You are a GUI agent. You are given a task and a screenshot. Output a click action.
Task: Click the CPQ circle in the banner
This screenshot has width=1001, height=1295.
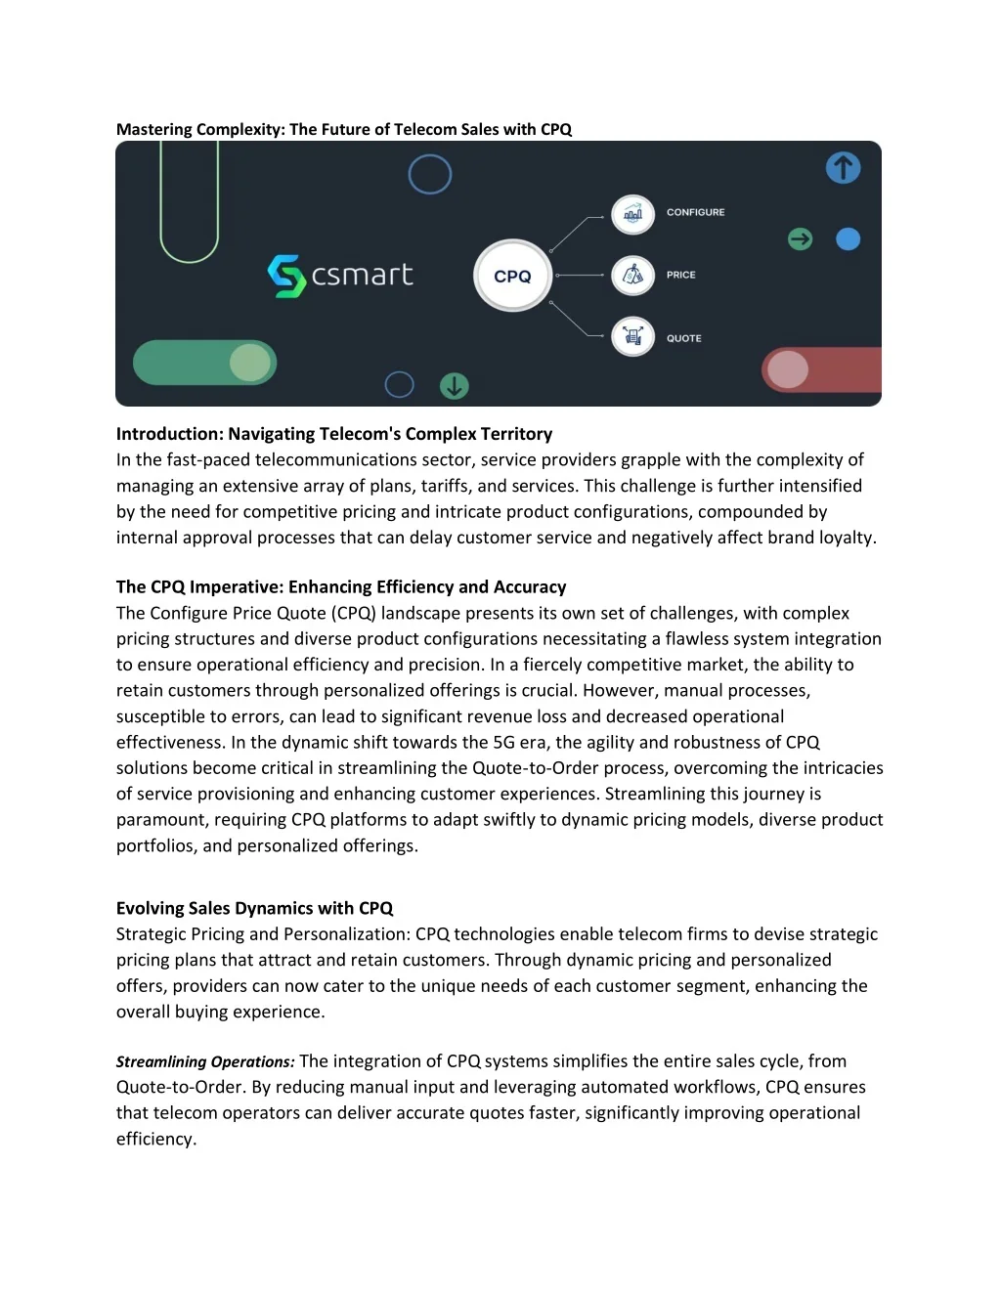tap(512, 276)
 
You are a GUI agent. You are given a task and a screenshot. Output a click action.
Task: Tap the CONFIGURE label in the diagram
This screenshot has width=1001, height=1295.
tap(695, 212)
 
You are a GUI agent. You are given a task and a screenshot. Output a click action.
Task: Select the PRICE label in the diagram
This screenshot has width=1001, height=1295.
tap(680, 275)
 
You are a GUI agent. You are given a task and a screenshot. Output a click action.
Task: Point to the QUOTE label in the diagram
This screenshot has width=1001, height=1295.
tap(683, 338)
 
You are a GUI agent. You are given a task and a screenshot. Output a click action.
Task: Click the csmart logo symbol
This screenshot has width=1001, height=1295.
tap(286, 276)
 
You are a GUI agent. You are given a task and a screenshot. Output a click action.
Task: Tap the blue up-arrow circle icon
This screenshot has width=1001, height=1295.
tap(843, 168)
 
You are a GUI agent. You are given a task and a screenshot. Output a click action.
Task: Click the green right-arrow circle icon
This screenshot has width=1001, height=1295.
tap(800, 238)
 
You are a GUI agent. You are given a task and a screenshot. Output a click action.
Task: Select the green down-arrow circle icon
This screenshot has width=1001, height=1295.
tap(454, 386)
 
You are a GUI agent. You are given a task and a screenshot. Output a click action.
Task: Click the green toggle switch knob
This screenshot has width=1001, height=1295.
tap(250, 364)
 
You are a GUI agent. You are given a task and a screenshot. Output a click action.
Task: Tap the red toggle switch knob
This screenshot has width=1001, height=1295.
tap(788, 369)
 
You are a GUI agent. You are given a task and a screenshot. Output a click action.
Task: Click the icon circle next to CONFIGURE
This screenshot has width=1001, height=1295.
tap(632, 214)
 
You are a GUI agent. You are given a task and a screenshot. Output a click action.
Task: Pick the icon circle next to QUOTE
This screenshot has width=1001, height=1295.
tap(632, 337)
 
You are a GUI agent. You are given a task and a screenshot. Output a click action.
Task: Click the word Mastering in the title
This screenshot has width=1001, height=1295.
tap(153, 129)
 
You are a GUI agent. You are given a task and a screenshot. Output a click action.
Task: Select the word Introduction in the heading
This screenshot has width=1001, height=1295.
tap(169, 434)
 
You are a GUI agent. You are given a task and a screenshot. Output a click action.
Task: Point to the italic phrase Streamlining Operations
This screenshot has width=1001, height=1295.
tap(204, 1061)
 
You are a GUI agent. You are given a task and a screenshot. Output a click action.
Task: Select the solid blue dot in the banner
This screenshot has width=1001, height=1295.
tap(848, 238)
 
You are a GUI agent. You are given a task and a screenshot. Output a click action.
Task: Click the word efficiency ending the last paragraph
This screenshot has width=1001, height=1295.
tap(154, 1139)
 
